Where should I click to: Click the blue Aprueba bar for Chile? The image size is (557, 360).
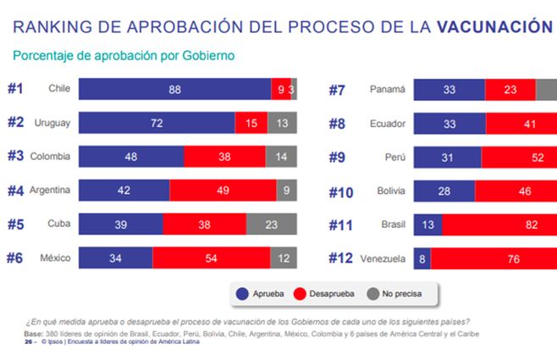[x=174, y=89]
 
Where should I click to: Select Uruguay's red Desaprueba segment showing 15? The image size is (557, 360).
[x=251, y=124]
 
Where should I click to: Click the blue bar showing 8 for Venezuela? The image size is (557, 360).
[x=422, y=259]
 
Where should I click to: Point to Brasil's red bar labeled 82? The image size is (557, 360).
[x=499, y=225]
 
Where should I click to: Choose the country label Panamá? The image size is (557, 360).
[x=389, y=89]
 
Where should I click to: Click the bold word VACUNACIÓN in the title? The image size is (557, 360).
[x=495, y=27]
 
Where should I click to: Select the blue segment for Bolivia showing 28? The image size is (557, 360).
[x=443, y=191]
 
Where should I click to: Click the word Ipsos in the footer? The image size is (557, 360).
[x=53, y=341]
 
